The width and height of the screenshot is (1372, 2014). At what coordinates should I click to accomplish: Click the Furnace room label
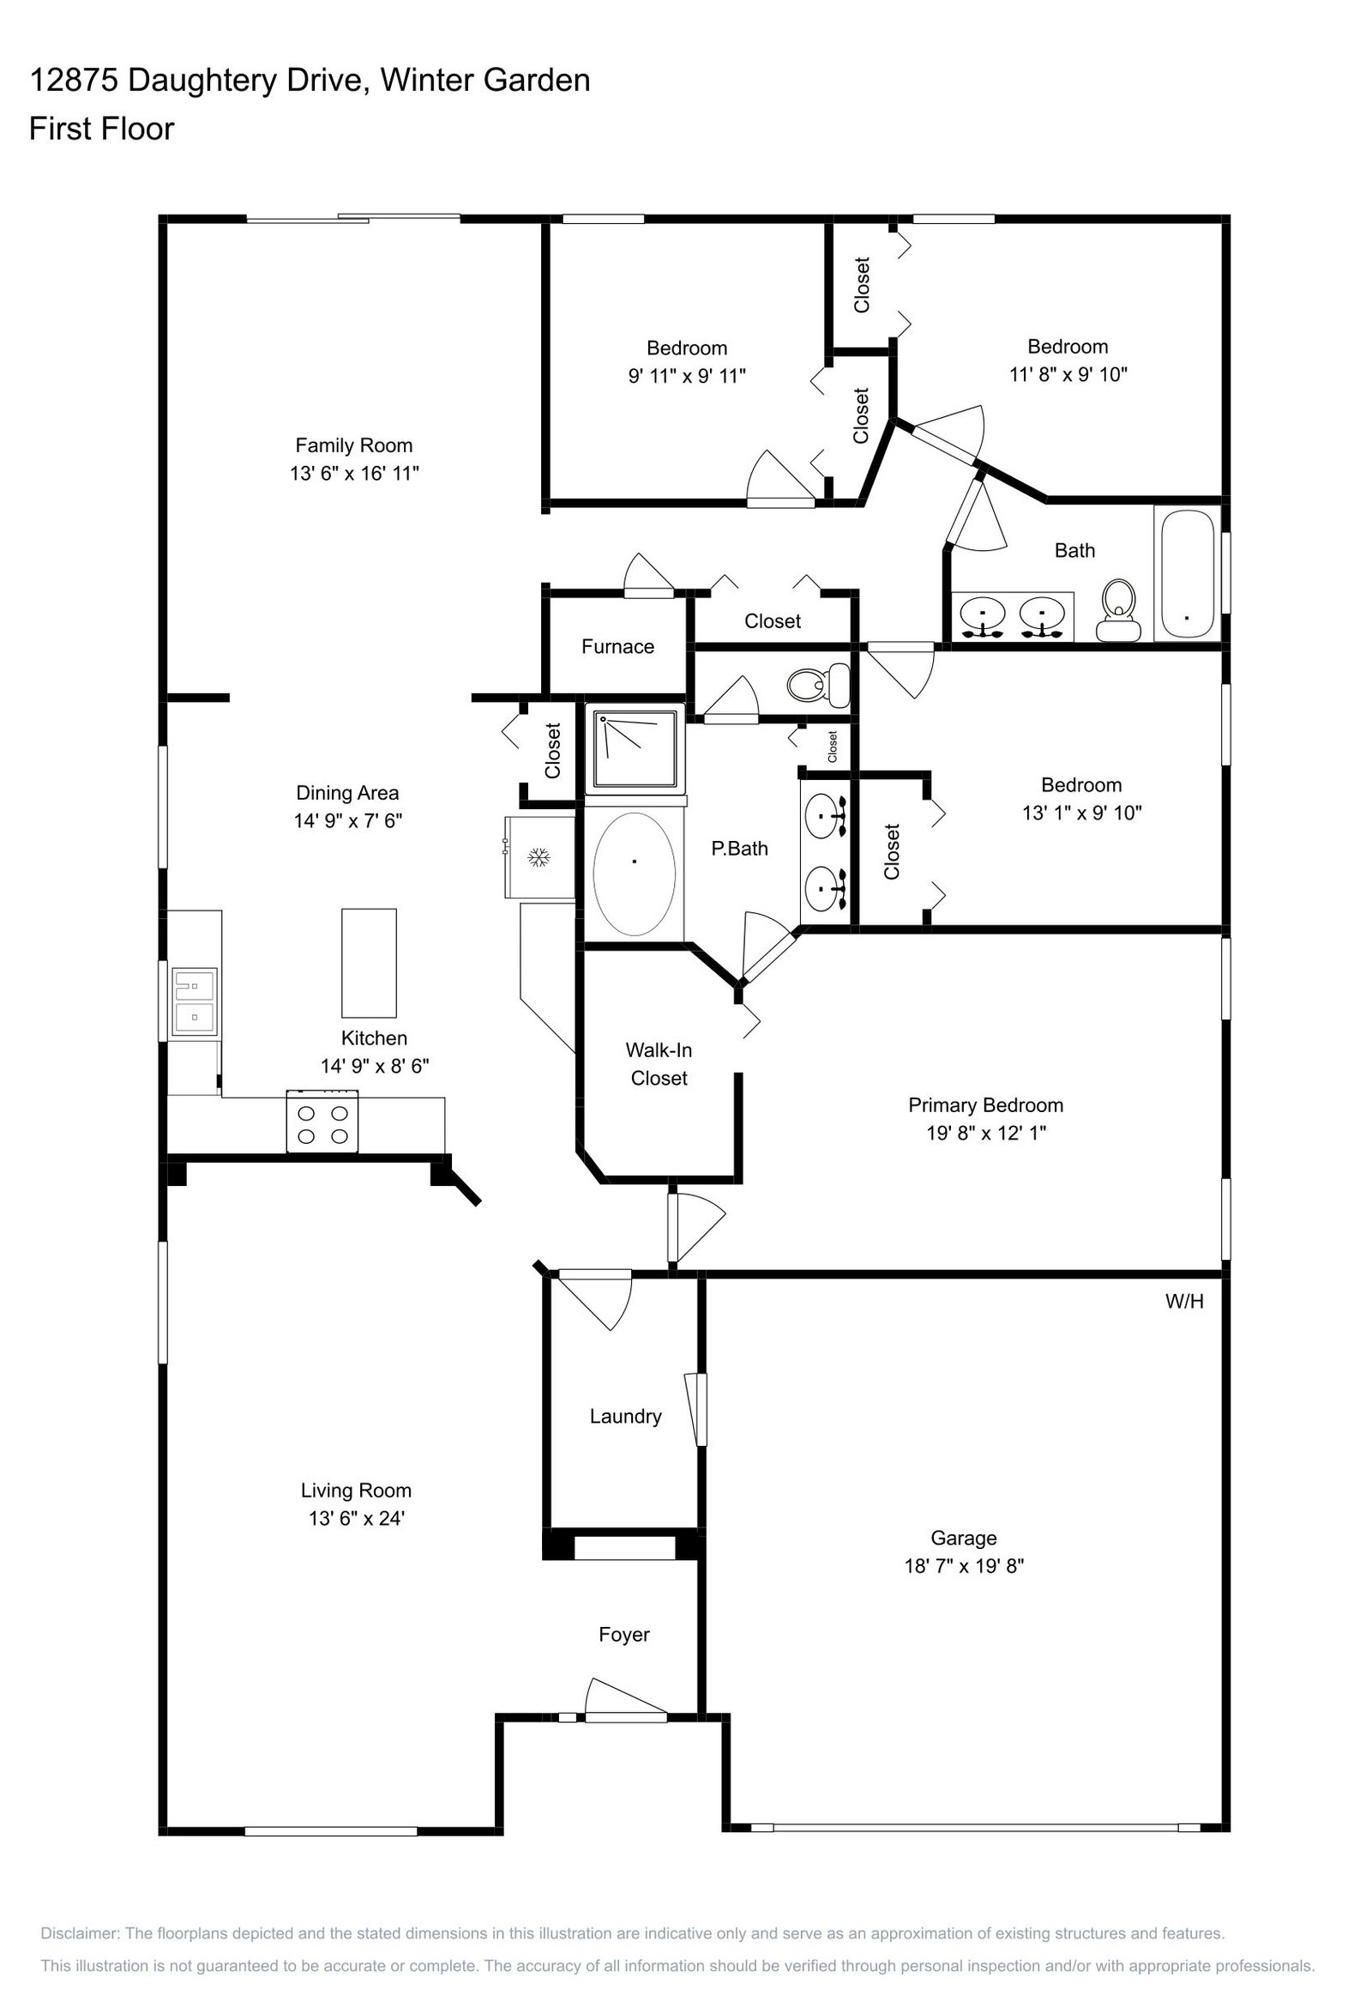[x=617, y=646]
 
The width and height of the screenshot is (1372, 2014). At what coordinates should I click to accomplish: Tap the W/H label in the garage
[x=1184, y=1301]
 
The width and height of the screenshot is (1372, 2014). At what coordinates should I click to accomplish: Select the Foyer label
[x=623, y=1635]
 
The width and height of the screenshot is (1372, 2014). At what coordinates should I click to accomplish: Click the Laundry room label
[x=625, y=1416]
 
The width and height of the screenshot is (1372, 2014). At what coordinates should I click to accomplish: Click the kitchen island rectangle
[x=369, y=963]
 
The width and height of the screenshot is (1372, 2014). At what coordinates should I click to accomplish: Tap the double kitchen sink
[x=194, y=1002]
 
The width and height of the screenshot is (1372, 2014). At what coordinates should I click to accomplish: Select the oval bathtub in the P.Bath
[x=634, y=874]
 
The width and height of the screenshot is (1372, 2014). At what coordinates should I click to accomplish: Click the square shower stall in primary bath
[x=635, y=750]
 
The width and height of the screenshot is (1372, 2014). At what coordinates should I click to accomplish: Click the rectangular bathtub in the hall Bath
[x=1187, y=574]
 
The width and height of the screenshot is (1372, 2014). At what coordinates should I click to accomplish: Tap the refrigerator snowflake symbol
[x=540, y=858]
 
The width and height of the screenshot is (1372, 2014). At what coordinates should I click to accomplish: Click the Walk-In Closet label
[x=659, y=1064]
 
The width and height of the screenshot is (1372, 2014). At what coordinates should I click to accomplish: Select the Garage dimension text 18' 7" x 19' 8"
[x=964, y=1566]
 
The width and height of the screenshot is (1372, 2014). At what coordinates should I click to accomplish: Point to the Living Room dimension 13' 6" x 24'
[x=357, y=1518]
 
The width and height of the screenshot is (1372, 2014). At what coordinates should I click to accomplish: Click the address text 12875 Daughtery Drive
[x=196, y=81]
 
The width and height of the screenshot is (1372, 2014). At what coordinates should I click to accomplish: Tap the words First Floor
[x=101, y=129]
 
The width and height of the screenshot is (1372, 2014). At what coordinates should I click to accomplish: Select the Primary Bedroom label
[x=985, y=1105]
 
